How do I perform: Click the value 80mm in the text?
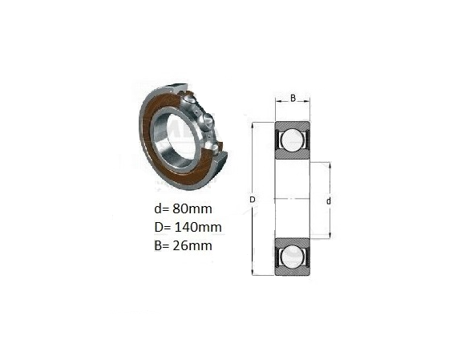[x=192, y=208]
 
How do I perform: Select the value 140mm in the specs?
[x=198, y=227]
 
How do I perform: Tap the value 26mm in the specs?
[x=192, y=245]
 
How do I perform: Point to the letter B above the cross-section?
[x=293, y=98]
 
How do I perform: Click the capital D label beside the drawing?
[x=253, y=200]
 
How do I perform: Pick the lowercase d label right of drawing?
[x=329, y=201]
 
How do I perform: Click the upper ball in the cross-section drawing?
[x=292, y=140]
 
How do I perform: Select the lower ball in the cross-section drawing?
[x=292, y=257]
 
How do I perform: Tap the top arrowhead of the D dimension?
[x=253, y=126]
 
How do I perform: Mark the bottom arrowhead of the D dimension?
[x=253, y=273]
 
